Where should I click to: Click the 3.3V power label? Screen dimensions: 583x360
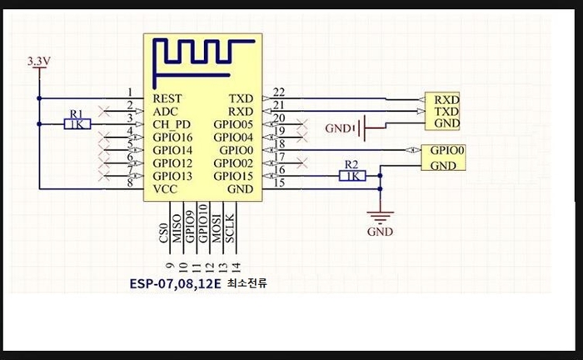pos(38,62)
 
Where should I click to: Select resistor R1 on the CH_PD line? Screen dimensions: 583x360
pos(77,124)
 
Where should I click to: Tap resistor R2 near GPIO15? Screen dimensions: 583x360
pos(352,176)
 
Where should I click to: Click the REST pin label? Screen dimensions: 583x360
pos(167,98)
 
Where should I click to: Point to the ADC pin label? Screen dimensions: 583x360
pos(166,112)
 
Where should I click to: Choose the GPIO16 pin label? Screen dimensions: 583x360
pos(172,137)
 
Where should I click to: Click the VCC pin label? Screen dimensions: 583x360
pos(165,189)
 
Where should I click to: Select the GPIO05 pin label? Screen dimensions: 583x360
pos(233,124)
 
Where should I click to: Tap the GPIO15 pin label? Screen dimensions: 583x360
pos(233,176)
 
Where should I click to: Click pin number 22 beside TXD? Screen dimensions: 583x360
pos(279,92)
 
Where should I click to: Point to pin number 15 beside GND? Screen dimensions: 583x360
pos(279,182)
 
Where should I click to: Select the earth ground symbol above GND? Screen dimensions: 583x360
pos(380,217)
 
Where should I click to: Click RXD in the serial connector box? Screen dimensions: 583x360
pos(447,100)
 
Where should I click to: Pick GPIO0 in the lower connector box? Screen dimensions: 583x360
pos(447,150)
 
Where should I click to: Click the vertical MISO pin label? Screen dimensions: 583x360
pos(177,228)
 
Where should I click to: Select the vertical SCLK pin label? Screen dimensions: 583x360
pos(230,228)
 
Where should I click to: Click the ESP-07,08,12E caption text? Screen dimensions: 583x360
pos(175,284)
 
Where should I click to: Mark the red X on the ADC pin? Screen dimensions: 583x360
pos(104,111)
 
